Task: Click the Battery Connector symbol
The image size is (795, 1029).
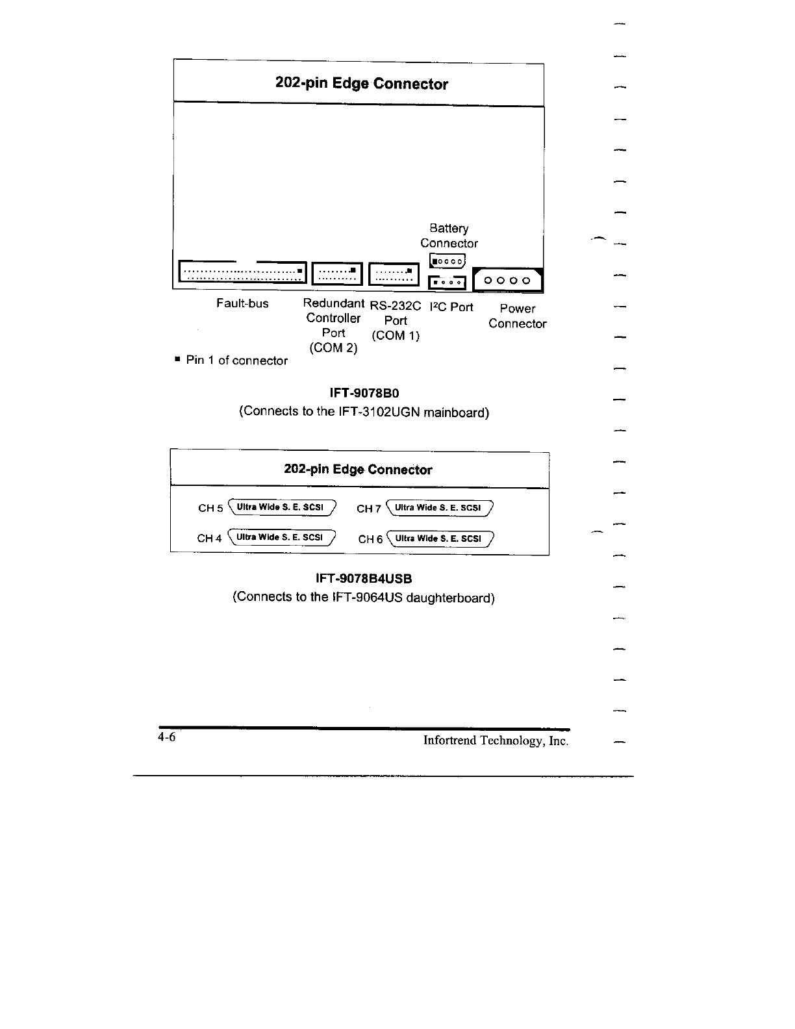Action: (448, 261)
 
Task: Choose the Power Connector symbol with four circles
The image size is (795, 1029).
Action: (509, 281)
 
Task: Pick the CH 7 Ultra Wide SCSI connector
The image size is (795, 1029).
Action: (439, 507)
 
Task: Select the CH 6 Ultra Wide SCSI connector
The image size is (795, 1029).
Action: (440, 538)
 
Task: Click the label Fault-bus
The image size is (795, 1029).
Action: (242, 303)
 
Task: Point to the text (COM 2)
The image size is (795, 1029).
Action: (333, 348)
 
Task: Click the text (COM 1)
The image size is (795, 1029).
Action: (396, 336)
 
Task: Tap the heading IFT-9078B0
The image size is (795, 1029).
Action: (364, 393)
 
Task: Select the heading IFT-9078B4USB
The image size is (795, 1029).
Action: (364, 578)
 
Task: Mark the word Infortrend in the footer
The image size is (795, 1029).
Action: (449, 741)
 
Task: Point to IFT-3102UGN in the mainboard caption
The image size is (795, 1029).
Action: (379, 412)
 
